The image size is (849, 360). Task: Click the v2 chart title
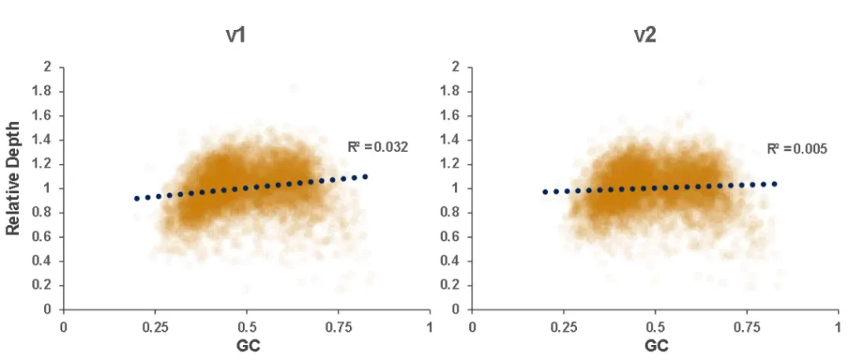tap(643, 36)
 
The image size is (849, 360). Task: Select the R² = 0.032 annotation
tap(378, 148)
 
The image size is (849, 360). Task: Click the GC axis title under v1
tap(246, 344)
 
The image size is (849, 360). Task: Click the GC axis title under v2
tap(656, 344)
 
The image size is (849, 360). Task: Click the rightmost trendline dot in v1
tap(365, 177)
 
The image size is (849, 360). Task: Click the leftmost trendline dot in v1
tap(137, 198)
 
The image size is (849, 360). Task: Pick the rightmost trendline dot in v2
tap(774, 183)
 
